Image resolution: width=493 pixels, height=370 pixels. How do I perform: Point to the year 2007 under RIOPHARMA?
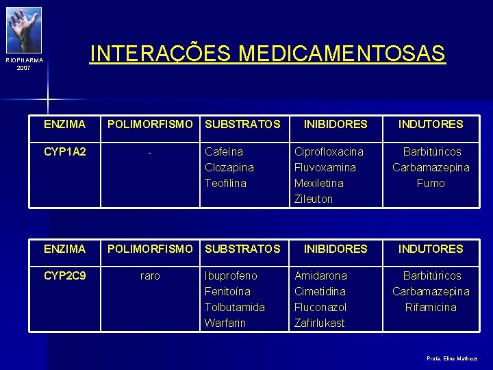click(x=24, y=68)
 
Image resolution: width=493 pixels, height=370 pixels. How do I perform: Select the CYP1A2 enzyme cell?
click(x=64, y=151)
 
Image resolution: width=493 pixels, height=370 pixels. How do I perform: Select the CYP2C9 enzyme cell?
click(x=64, y=275)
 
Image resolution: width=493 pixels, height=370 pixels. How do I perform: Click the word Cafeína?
click(x=224, y=151)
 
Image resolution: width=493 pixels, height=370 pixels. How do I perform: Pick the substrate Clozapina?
click(x=229, y=167)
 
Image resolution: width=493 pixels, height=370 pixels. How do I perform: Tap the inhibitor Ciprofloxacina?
click(x=329, y=151)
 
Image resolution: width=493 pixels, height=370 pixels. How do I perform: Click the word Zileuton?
click(x=313, y=199)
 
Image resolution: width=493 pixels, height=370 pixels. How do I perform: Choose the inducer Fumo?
click(x=431, y=183)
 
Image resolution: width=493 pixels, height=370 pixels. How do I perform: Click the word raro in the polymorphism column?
click(x=150, y=275)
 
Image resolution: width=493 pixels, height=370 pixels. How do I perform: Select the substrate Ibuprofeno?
click(x=231, y=275)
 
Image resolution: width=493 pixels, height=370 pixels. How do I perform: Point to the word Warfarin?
click(x=225, y=323)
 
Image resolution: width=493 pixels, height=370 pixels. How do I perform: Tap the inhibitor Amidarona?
click(x=320, y=275)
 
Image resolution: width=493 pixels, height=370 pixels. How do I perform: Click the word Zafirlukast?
click(x=320, y=323)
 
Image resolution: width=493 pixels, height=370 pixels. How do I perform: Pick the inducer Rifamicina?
click(x=431, y=307)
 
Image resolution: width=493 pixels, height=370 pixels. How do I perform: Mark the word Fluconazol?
click(x=320, y=307)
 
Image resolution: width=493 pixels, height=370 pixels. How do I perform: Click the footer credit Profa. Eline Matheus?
click(x=452, y=358)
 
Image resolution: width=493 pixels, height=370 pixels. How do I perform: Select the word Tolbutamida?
click(x=235, y=307)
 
